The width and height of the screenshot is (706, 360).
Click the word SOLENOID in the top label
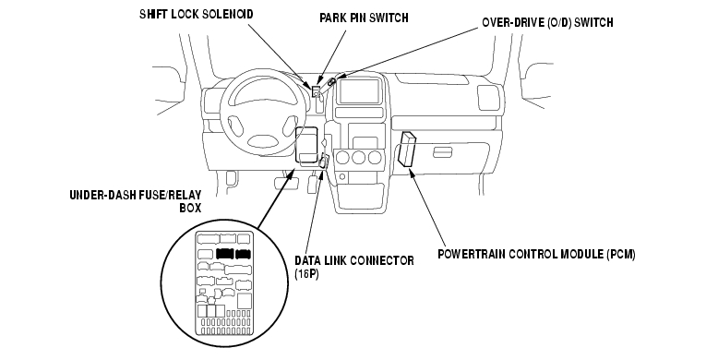tap(227, 14)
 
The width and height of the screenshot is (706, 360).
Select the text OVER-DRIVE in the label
tap(513, 22)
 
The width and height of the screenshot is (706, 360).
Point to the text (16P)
tap(306, 274)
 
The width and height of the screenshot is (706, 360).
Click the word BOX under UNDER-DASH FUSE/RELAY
tap(190, 209)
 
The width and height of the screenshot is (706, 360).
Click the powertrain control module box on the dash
tap(407, 150)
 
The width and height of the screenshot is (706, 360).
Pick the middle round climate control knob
tap(359, 158)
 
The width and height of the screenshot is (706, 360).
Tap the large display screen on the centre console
tap(358, 91)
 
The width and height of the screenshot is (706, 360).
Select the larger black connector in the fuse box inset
tap(224, 254)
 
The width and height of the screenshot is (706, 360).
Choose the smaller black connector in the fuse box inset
tap(244, 254)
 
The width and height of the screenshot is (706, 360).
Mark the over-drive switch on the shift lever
tap(332, 82)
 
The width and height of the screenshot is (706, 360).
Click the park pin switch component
tap(317, 90)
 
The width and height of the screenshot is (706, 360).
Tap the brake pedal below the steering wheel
tap(286, 184)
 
